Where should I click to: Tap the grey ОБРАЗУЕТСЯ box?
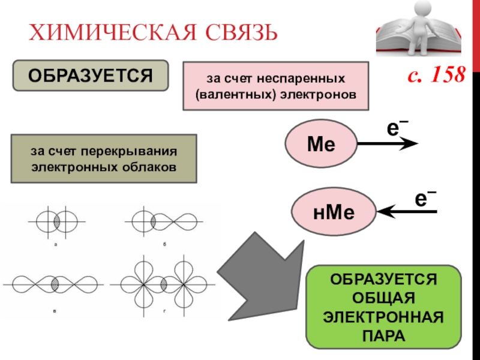click(x=89, y=75)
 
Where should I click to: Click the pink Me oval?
click(x=320, y=145)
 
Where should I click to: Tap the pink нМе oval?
click(x=332, y=211)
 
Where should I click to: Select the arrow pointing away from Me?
click(x=388, y=144)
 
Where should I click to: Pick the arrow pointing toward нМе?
click(x=406, y=211)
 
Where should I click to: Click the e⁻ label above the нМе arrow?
click(x=424, y=197)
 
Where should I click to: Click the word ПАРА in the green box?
click(x=383, y=335)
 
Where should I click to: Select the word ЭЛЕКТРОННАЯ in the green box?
click(x=383, y=317)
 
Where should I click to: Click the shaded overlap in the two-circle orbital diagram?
click(x=56, y=222)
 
